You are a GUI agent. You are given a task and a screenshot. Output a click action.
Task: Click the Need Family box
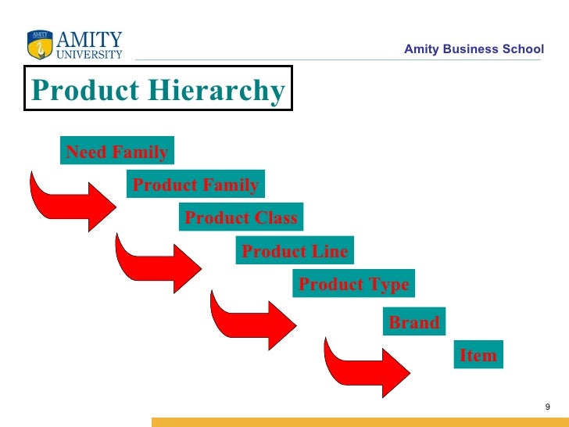116,152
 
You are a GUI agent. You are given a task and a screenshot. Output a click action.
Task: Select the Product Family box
195,185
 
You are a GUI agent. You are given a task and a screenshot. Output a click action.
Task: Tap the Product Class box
241,217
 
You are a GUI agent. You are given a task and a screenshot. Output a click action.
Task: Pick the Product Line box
295,251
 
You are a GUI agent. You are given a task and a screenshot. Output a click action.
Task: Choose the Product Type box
353,284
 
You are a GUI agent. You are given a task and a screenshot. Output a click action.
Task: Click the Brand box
413,321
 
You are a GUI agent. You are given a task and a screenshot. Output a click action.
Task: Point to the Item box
478,354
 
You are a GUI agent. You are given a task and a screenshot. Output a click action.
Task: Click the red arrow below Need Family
70,202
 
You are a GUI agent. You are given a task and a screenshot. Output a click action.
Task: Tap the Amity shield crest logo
38,45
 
